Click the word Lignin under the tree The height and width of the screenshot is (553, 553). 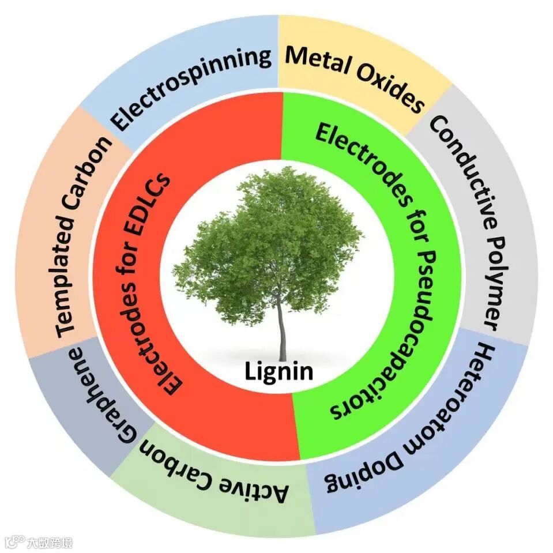279,370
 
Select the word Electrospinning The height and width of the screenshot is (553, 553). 191,87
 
